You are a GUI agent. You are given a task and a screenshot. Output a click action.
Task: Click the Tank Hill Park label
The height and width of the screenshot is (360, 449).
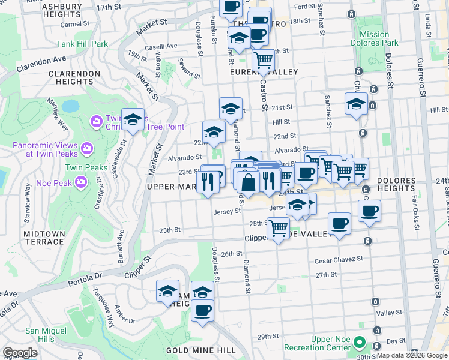[x=82, y=44]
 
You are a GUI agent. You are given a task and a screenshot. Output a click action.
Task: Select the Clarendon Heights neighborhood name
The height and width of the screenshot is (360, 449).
[x=74, y=77]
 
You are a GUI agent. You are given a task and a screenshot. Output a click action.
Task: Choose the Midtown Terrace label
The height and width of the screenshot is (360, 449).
[x=44, y=237]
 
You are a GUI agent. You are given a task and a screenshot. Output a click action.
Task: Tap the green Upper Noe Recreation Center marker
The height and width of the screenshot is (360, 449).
[x=359, y=343]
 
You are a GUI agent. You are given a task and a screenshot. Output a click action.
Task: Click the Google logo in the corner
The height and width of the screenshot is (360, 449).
[x=20, y=353]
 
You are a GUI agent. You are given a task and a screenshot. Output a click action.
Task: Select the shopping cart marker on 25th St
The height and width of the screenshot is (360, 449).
[x=278, y=228]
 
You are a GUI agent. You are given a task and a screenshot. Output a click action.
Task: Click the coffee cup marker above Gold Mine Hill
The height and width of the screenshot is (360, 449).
[x=202, y=310]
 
